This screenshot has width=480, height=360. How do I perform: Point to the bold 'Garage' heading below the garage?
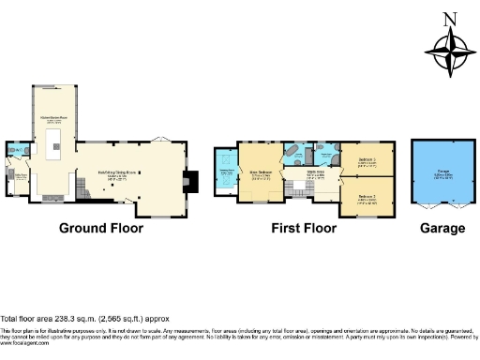click(442, 228)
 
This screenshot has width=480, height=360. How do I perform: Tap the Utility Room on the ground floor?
click(17, 176)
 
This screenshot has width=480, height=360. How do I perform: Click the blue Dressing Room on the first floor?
click(225, 170)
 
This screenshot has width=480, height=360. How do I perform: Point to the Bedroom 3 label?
click(367, 161)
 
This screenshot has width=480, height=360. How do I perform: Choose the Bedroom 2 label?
click(367, 197)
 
